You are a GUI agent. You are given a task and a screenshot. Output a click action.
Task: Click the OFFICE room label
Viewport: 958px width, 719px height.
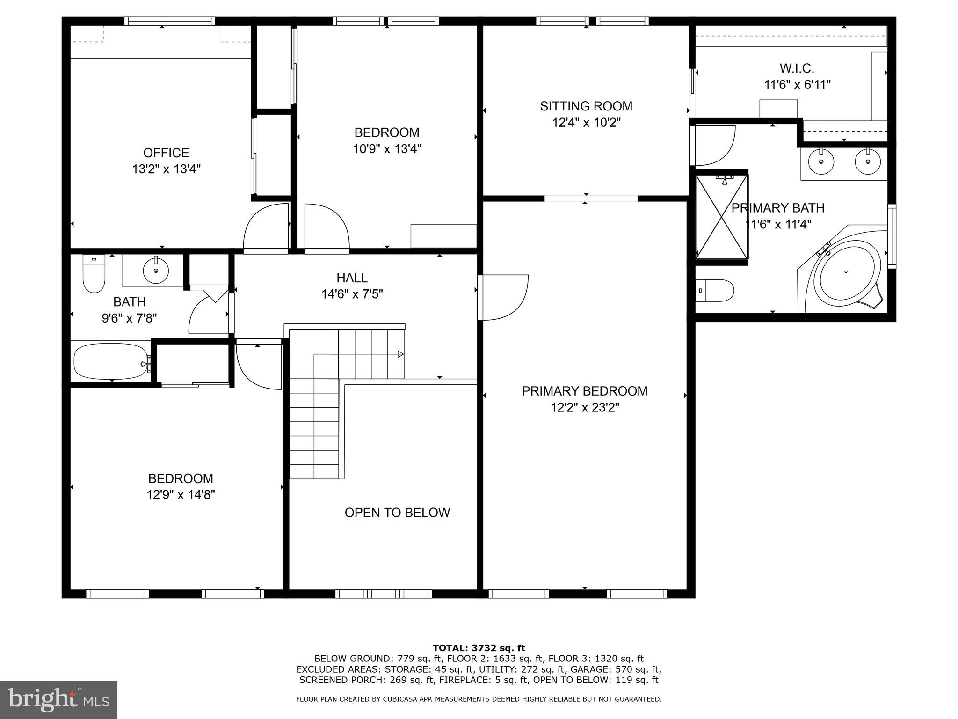pos(166,153)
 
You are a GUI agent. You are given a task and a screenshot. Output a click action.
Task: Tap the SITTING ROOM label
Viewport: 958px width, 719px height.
pos(586,106)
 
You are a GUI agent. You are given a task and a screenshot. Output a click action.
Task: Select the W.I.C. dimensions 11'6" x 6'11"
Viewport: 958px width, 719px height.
pos(797,85)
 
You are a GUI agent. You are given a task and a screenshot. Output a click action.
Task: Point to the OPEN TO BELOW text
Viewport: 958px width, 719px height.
pos(397,513)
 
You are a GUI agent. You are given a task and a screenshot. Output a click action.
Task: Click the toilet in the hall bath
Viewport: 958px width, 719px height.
pos(94,275)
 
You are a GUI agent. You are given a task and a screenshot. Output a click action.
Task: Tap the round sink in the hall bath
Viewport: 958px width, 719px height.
pos(156,271)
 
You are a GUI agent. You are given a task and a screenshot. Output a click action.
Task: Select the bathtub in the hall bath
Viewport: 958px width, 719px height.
pos(110,361)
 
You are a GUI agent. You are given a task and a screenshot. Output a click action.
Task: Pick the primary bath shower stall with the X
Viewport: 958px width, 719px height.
pos(722,216)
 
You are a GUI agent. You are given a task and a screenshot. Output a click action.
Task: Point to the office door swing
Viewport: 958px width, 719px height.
pos(265,228)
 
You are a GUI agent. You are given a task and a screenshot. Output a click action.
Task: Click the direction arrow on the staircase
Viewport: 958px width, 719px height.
pos(400,354)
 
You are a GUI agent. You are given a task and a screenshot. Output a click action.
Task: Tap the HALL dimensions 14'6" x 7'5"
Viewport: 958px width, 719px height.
pos(352,294)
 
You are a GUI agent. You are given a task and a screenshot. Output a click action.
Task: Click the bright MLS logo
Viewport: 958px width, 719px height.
pos(58,699)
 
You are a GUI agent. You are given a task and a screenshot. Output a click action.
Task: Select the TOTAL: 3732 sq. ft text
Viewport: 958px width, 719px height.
pos(479,648)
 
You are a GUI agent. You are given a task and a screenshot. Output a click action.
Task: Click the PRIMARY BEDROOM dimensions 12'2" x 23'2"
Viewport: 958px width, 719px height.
pos(585,408)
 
